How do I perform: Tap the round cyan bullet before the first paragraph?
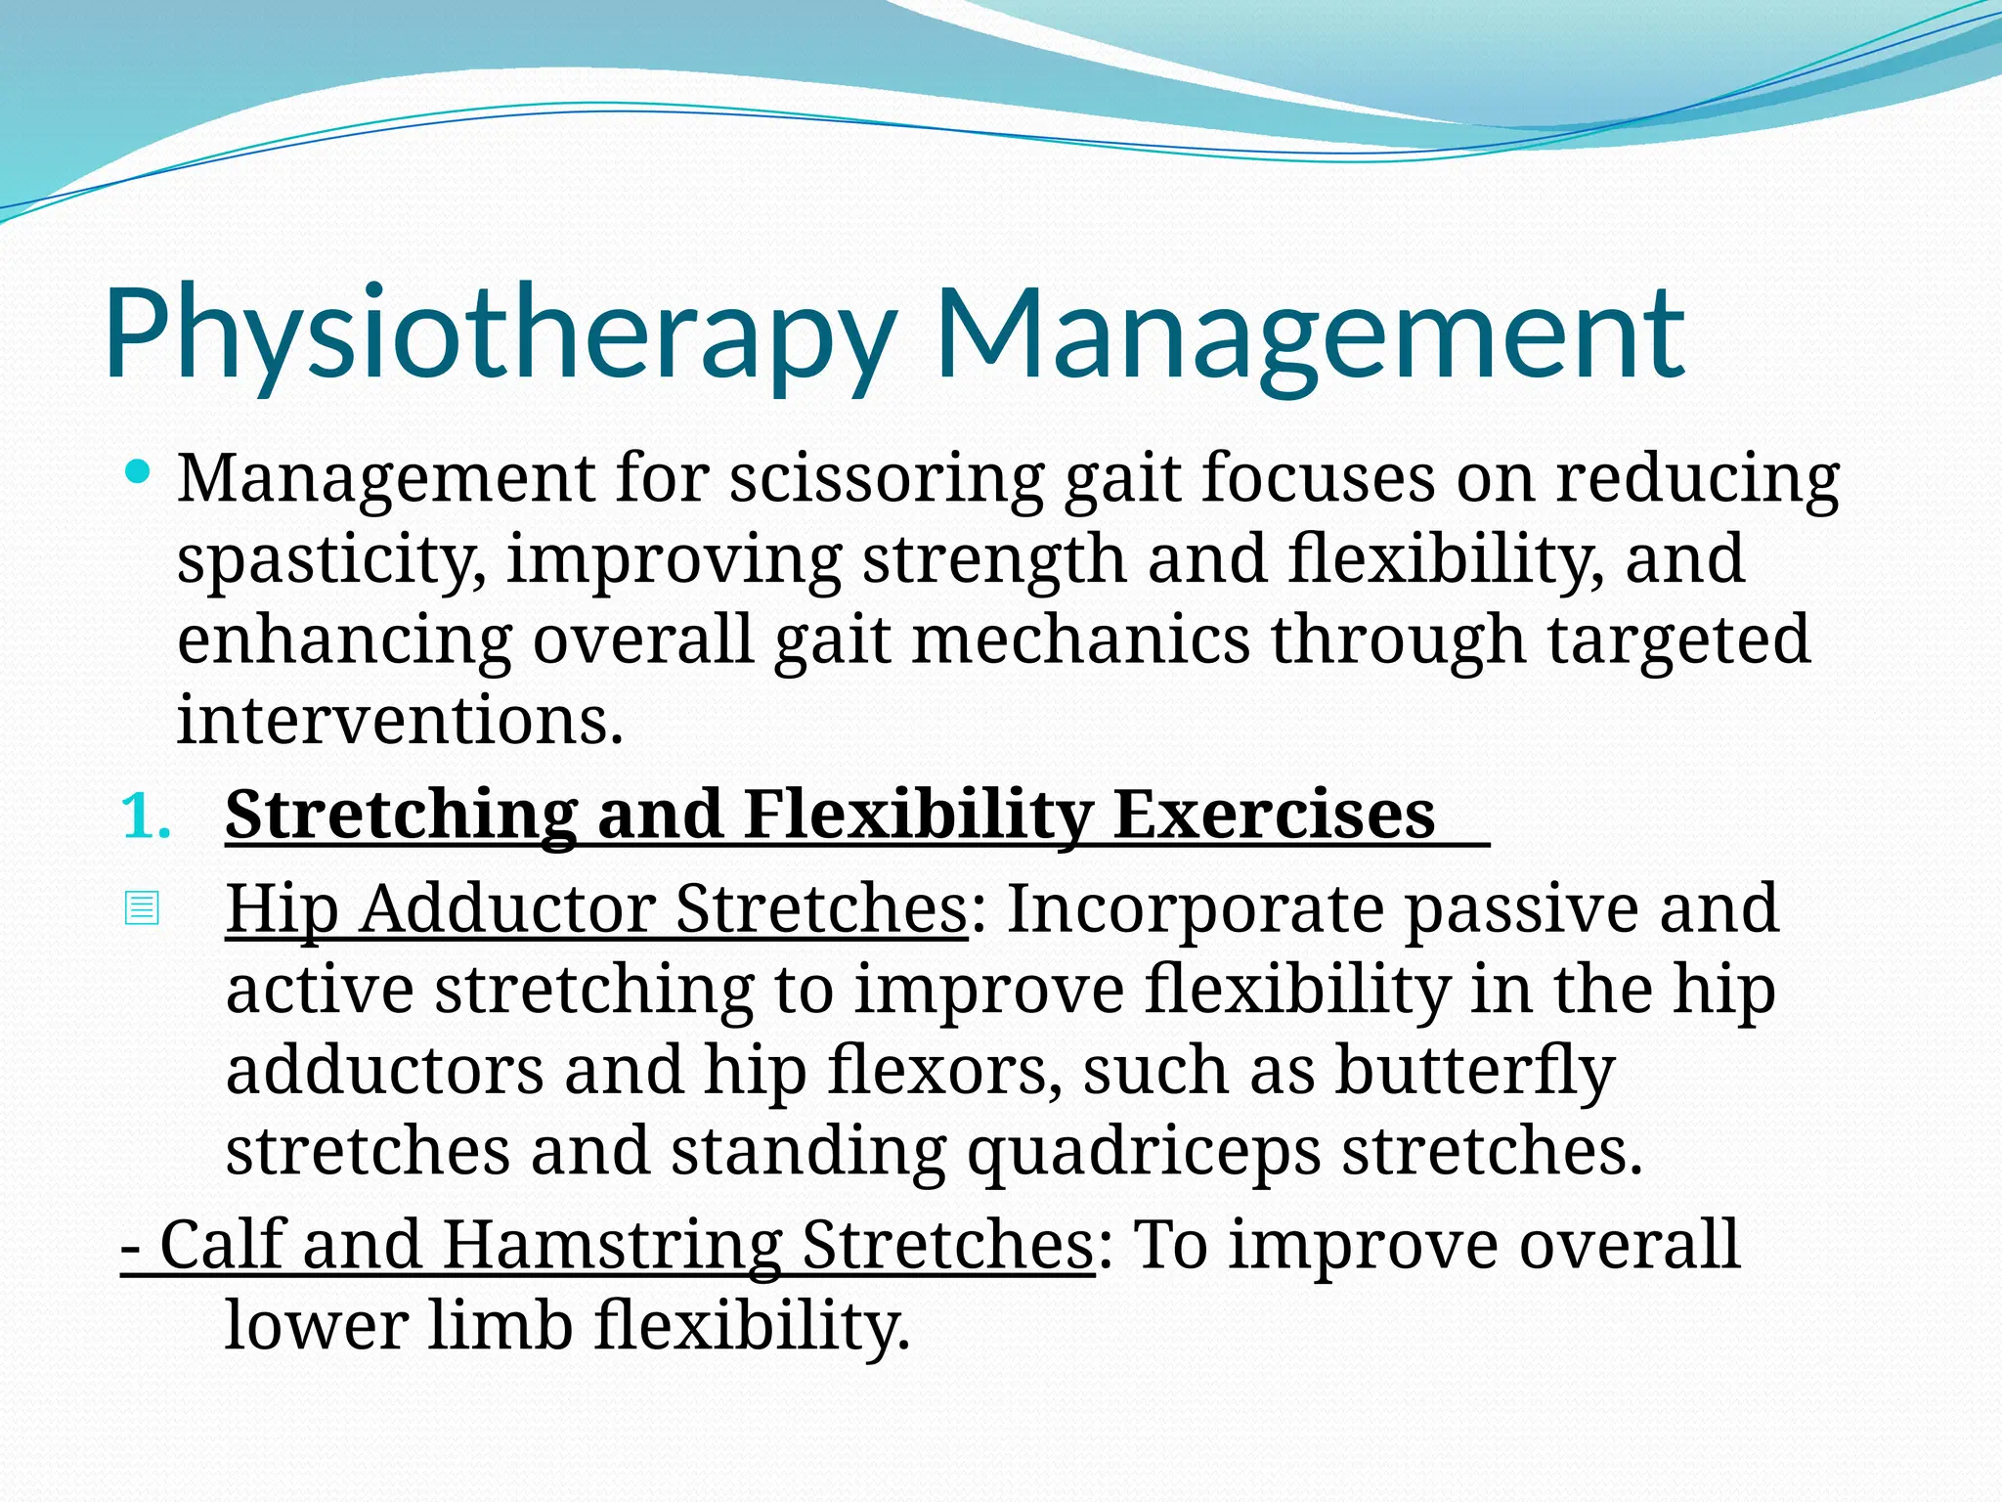(x=139, y=474)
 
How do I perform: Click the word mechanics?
(x=1080, y=640)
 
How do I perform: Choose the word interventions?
(x=399, y=720)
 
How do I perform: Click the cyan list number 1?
(x=146, y=817)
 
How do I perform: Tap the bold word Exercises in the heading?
(x=1274, y=815)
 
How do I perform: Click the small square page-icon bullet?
(x=142, y=908)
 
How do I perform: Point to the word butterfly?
(x=1474, y=1071)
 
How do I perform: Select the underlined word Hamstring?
(x=612, y=1245)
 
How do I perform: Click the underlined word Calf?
(x=221, y=1245)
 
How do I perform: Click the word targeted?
(x=1678, y=640)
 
